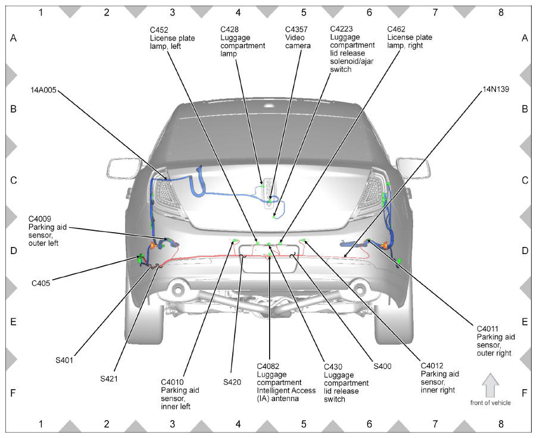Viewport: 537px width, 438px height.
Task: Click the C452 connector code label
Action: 159,30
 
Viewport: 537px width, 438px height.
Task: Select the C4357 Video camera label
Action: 298,37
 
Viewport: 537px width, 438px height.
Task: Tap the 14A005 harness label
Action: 43,90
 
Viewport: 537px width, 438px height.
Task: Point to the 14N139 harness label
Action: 496,89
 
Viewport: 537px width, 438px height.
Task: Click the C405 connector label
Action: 40,283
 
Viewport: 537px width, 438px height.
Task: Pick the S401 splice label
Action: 64,360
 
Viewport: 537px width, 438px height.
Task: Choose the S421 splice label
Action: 109,378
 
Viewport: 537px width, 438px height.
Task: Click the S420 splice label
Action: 232,382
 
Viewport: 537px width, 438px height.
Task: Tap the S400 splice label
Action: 382,367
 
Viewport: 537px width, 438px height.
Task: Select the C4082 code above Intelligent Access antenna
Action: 268,367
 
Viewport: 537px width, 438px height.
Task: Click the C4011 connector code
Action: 488,328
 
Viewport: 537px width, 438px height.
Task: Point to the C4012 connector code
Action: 432,366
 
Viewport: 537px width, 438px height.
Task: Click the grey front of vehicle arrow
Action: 491,385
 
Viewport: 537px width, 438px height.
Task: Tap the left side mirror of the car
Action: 124,168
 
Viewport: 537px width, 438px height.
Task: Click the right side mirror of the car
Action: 413,168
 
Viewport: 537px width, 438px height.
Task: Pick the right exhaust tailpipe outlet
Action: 358,289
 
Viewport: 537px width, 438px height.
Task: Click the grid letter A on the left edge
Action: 13,38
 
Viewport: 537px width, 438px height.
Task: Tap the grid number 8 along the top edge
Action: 501,12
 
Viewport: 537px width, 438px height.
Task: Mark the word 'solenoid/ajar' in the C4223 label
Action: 351,61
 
